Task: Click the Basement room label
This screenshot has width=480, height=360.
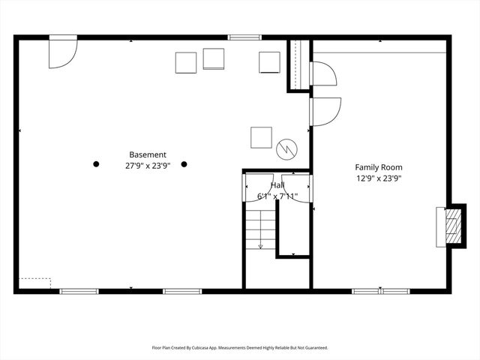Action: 148,155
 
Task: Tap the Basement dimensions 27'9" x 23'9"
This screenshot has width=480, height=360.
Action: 148,166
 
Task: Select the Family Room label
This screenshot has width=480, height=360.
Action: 379,167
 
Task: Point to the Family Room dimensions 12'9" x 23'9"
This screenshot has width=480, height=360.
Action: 379,178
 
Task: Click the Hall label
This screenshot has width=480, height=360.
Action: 277,184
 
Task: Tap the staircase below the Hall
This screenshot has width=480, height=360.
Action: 260,229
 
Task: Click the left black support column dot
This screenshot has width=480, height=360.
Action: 96,163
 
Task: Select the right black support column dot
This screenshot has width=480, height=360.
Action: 184,163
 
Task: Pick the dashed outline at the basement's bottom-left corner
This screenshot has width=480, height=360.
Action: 34,283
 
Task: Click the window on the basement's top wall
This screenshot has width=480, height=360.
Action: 244,37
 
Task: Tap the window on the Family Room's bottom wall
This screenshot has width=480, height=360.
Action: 380,290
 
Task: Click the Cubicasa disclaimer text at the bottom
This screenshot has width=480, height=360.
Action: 240,348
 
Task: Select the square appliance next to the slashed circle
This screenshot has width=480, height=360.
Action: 261,137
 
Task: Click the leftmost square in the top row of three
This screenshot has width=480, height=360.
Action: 186,63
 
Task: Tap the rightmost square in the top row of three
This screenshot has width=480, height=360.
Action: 269,62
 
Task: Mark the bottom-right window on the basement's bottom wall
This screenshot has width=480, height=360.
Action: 182,290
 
